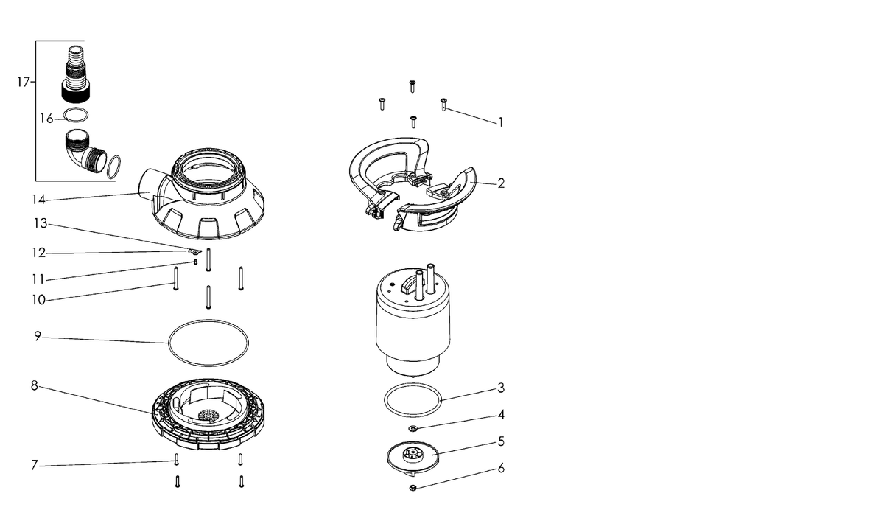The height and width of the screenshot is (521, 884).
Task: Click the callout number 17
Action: tap(24, 82)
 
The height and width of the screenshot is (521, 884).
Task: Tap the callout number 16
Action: tap(46, 119)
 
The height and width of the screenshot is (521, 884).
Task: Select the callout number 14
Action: tap(38, 200)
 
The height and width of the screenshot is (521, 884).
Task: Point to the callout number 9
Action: tap(38, 336)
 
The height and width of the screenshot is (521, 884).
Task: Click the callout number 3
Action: tap(501, 388)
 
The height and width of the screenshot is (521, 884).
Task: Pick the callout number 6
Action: tap(501, 468)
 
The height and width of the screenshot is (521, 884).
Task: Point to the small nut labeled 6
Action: tap(413, 488)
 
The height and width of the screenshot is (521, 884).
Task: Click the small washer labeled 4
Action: tap(413, 429)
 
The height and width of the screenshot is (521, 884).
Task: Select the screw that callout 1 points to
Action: tap(443, 105)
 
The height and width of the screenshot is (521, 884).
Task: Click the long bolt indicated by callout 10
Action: tap(176, 279)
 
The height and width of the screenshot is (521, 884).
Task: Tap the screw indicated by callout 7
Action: tap(176, 459)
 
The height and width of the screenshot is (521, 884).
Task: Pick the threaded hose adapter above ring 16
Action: tap(77, 74)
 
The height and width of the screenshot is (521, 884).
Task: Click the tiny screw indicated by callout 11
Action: tap(195, 262)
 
